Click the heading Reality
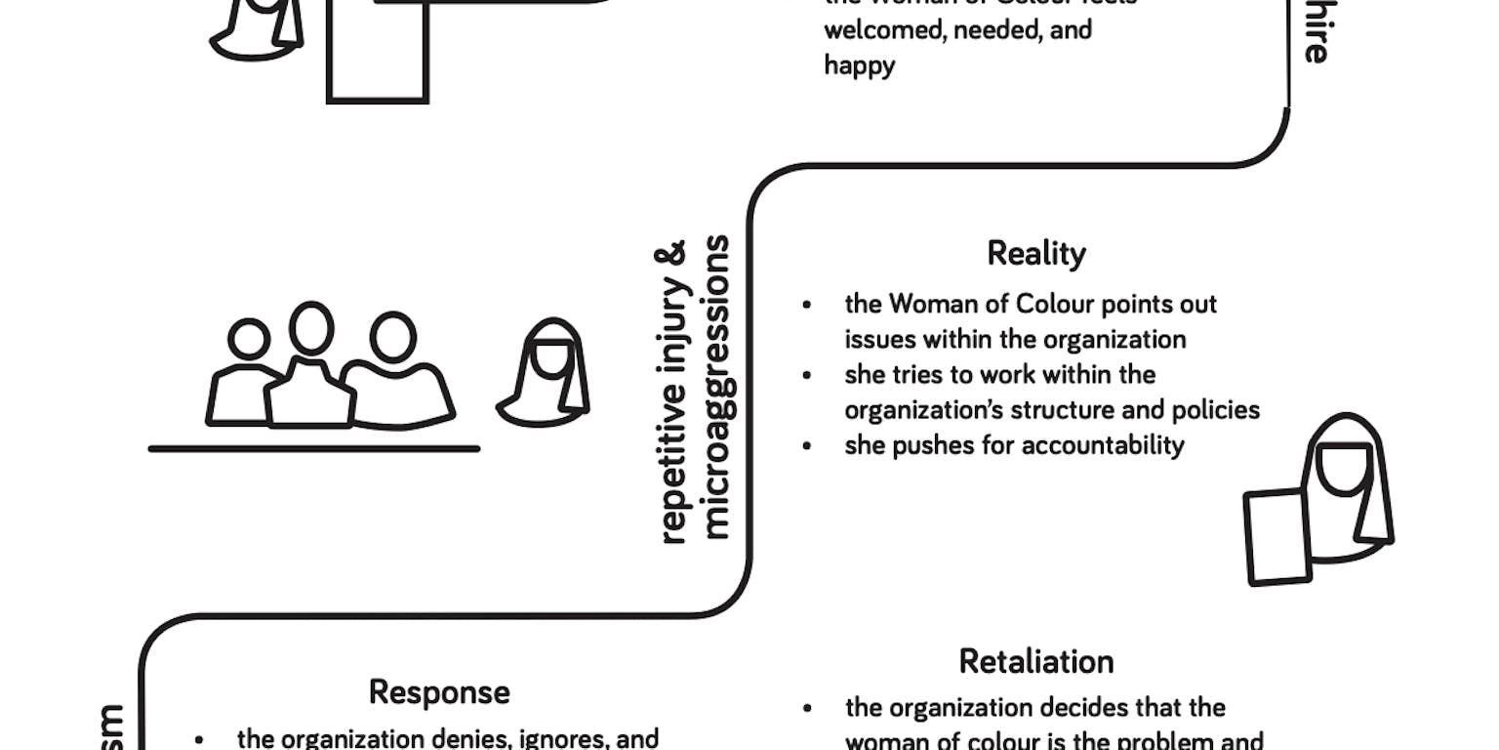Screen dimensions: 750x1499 pyautogui.click(x=1036, y=254)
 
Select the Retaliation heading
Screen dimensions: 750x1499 pyautogui.click(x=1036, y=662)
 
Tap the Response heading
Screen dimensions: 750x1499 pyautogui.click(x=439, y=692)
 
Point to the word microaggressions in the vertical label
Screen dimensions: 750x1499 pyautogui.click(x=716, y=387)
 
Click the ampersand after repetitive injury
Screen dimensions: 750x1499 pyautogui.click(x=674, y=255)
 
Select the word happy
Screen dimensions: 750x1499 pyautogui.click(x=859, y=65)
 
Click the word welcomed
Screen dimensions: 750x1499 pyautogui.click(x=870, y=29)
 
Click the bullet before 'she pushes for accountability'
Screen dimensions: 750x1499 pyautogui.click(x=806, y=446)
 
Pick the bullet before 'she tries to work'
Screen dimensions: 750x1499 pyautogui.click(x=806, y=375)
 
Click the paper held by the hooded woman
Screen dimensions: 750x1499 pyautogui.click(x=1277, y=537)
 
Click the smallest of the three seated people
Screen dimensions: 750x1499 pyautogui.click(x=248, y=376)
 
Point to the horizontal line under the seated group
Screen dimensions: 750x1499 pyautogui.click(x=313, y=449)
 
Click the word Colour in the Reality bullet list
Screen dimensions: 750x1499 pyautogui.click(x=1055, y=305)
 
